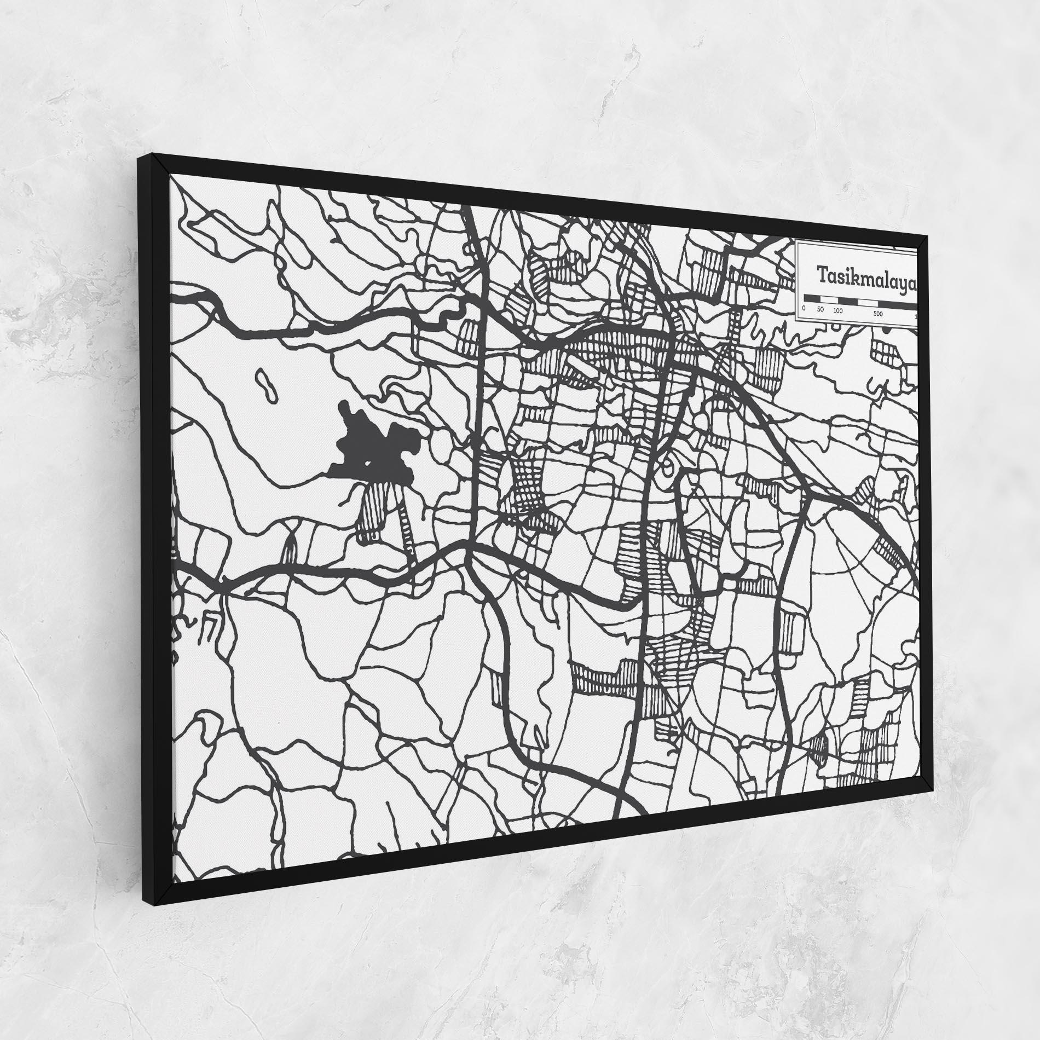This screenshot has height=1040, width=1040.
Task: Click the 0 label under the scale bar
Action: click(x=804, y=308)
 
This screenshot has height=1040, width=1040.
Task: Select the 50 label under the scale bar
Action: click(x=821, y=309)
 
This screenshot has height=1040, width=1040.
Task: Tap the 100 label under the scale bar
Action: click(x=837, y=310)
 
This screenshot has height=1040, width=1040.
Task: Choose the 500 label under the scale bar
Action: click(x=877, y=314)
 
